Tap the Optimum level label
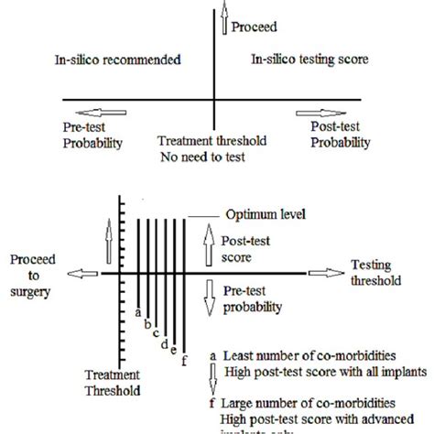pos(257,216)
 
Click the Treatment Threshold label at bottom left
pos(114,383)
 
